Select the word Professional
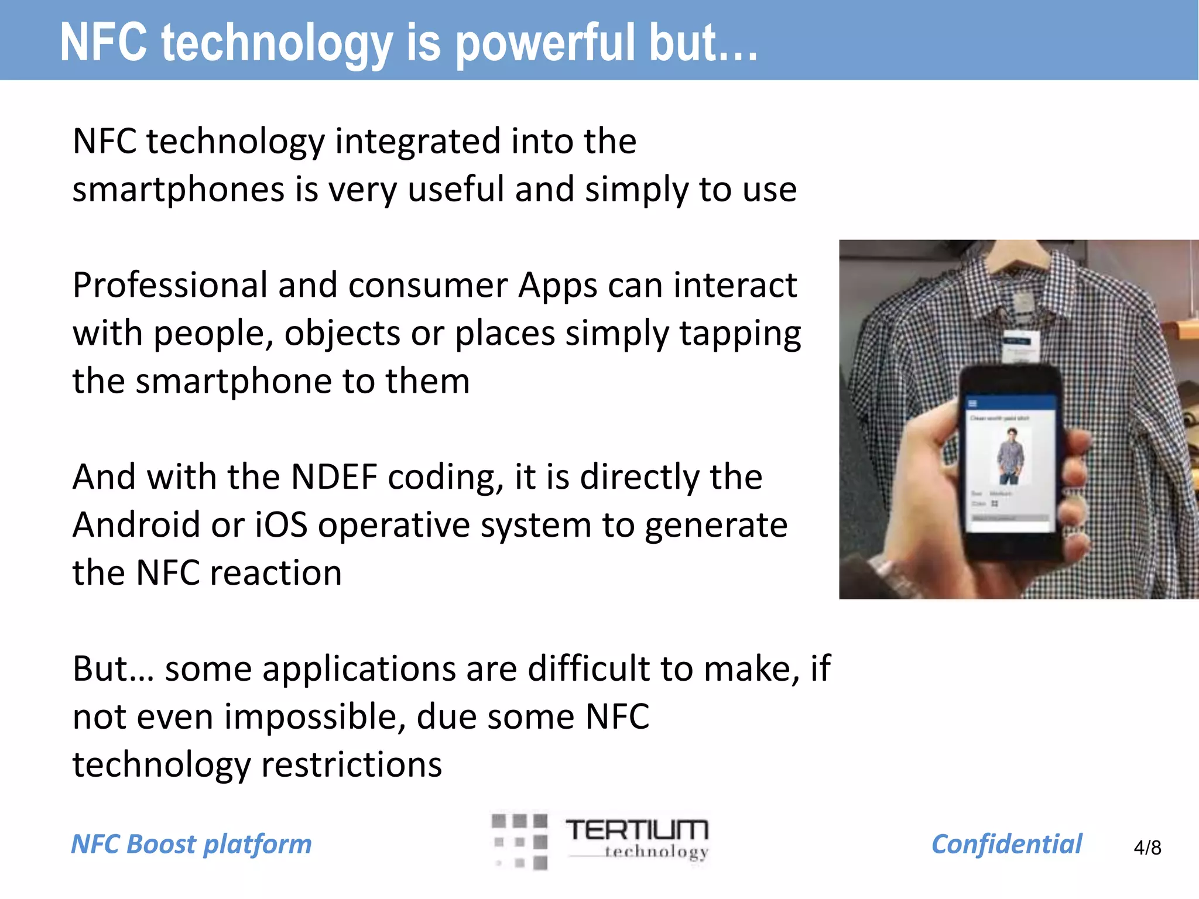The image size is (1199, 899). tap(170, 286)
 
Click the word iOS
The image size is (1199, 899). tap(281, 525)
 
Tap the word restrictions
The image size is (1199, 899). tap(351, 765)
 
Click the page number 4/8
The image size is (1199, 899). tap(1147, 847)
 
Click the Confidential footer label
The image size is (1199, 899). tap(1006, 845)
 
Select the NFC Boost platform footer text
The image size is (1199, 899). tap(191, 845)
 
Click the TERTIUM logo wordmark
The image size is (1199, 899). tap(637, 830)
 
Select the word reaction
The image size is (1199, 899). tap(276, 573)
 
